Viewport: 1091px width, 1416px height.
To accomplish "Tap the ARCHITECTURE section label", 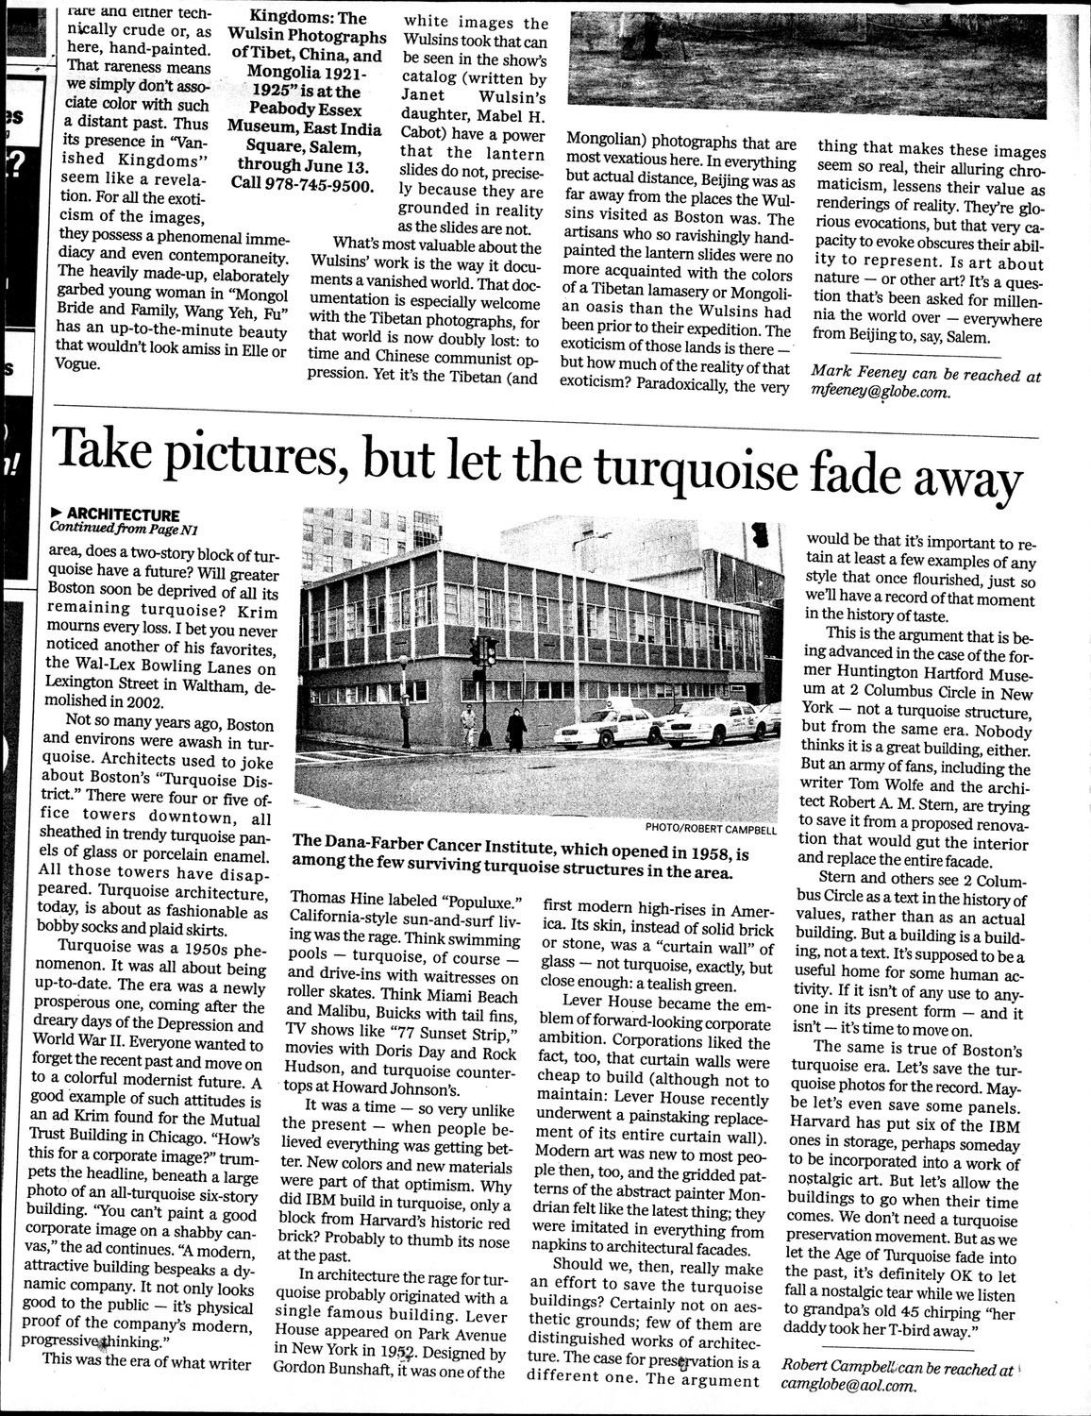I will click(x=122, y=515).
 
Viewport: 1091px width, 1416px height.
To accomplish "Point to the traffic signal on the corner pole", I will click(x=489, y=650).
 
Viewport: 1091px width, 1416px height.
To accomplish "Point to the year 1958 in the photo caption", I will click(x=707, y=854).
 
